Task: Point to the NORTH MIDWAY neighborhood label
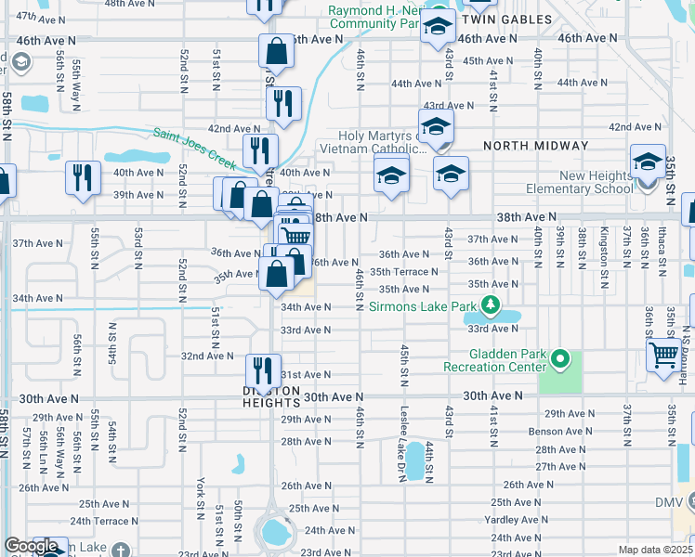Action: tap(535, 146)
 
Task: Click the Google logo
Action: tap(31, 547)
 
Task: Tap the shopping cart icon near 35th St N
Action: tap(663, 353)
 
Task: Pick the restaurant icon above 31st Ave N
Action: tap(263, 369)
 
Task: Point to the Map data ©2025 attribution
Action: tap(656, 550)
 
